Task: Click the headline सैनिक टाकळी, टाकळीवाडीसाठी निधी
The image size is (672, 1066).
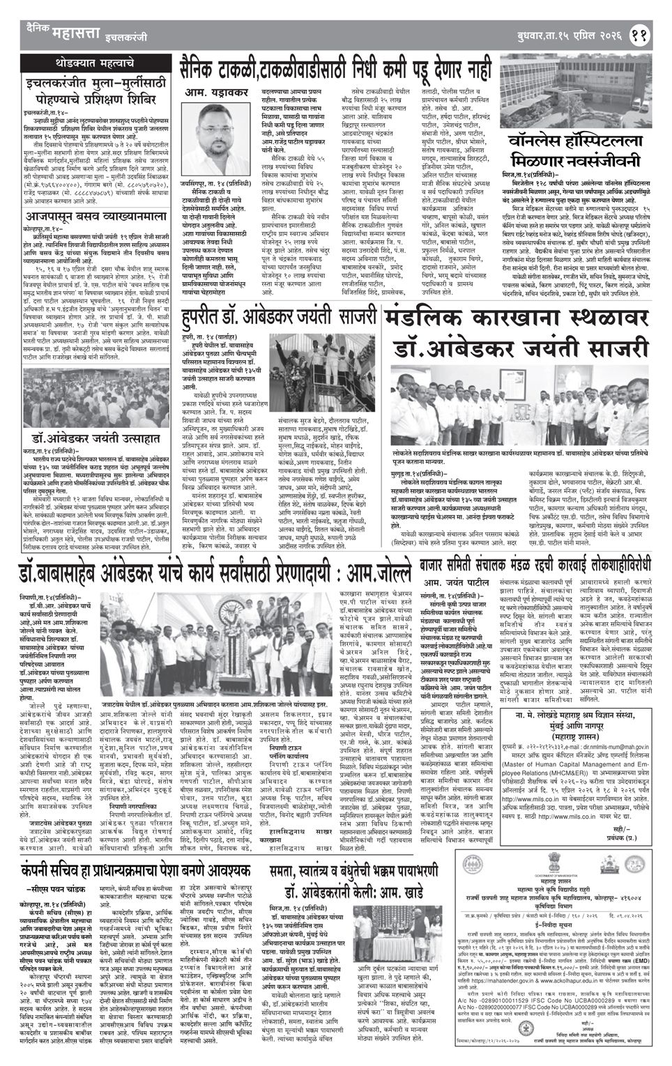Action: tap(333, 68)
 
